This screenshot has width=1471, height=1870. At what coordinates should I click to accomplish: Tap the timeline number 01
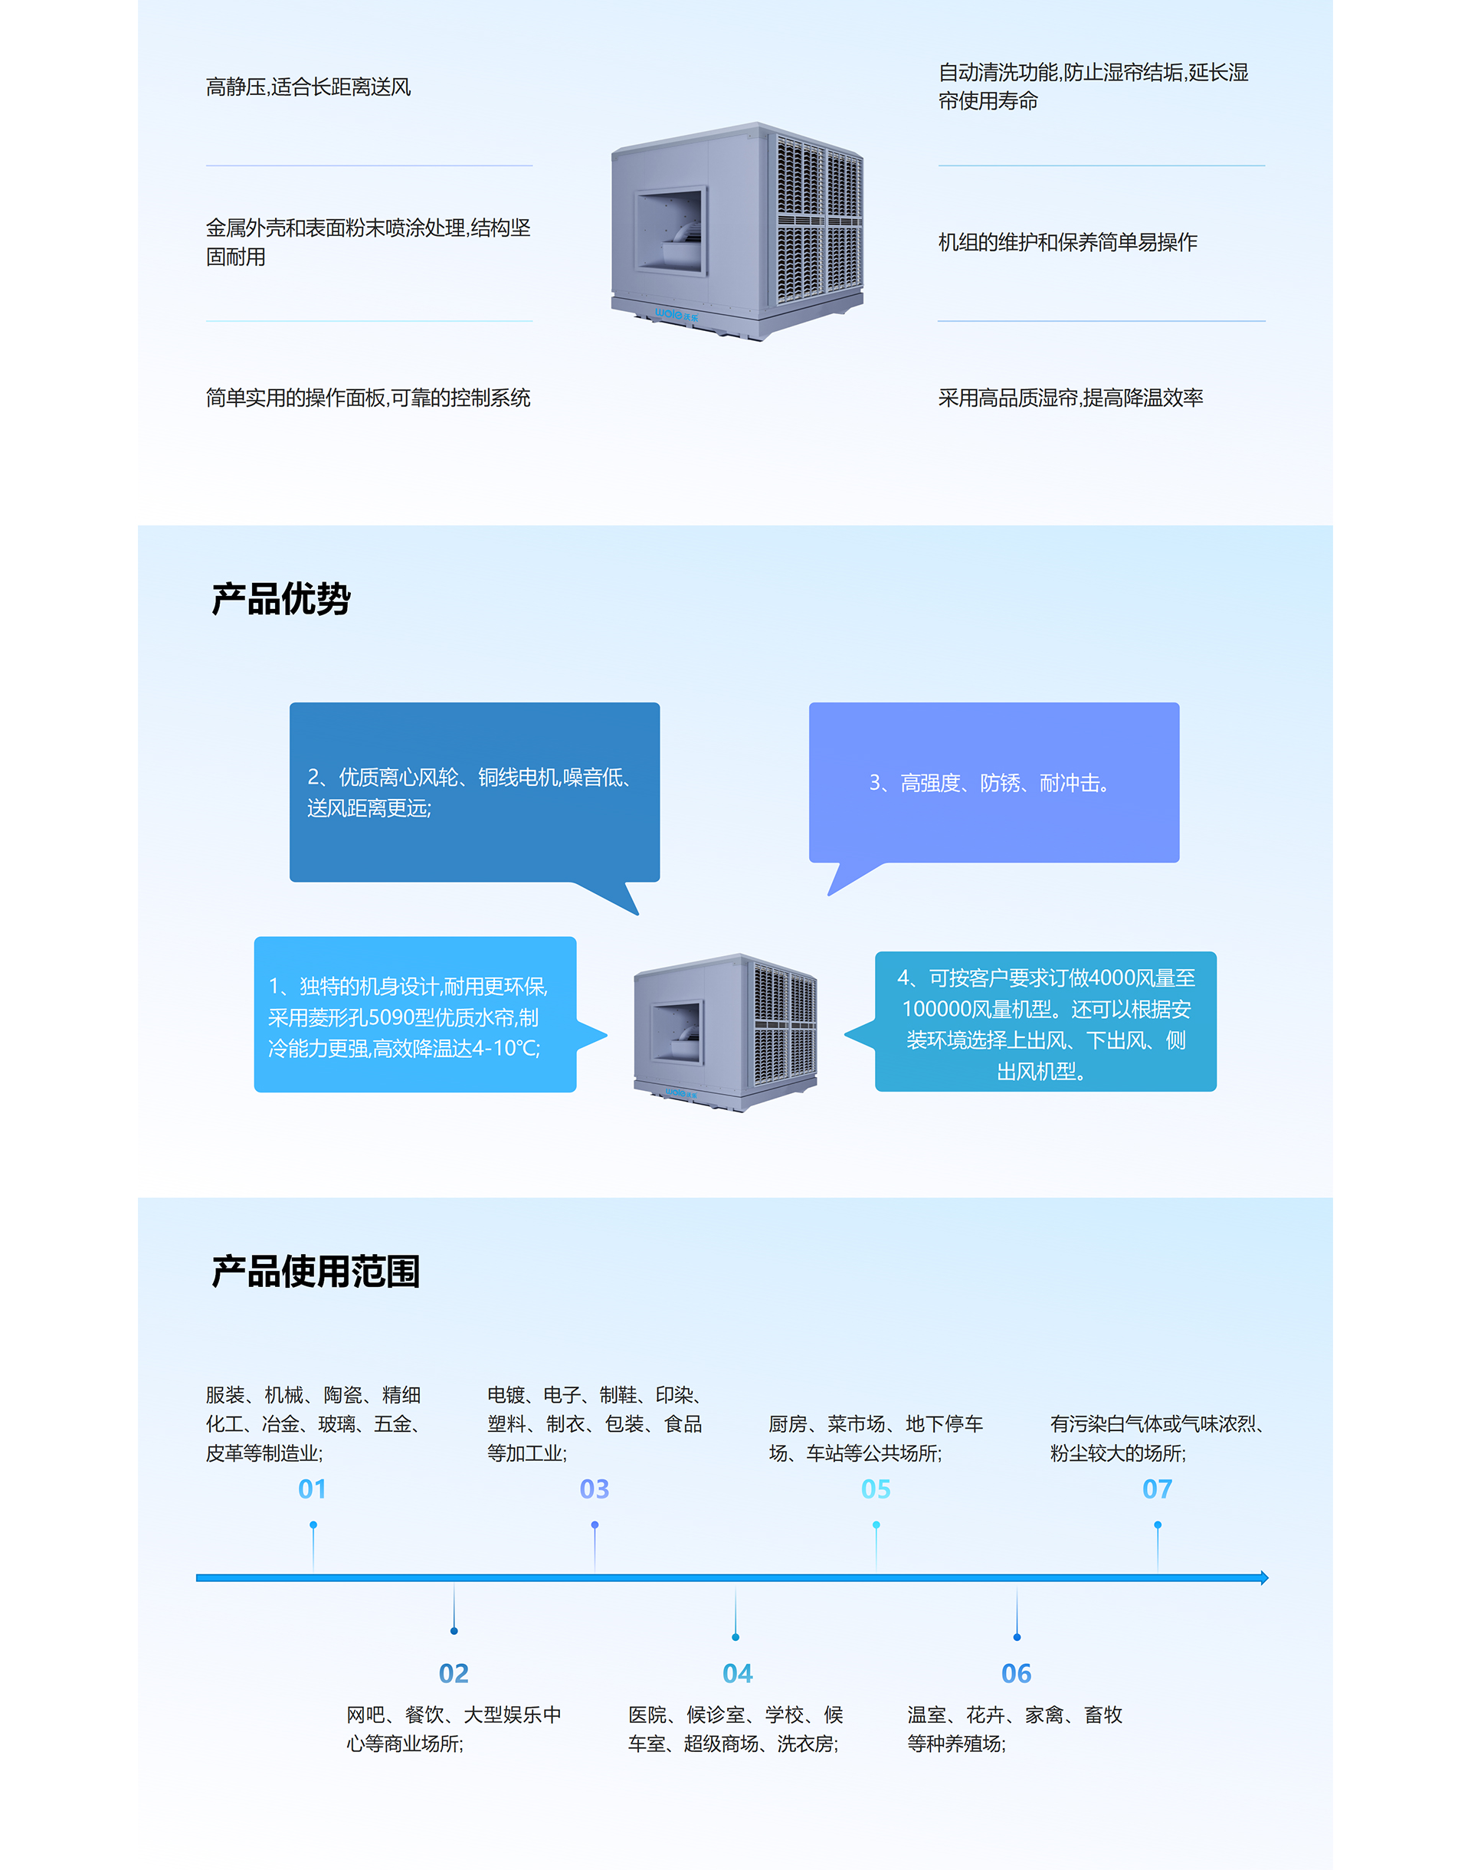coord(313,1489)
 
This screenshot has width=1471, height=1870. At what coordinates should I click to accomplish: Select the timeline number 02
coord(454,1674)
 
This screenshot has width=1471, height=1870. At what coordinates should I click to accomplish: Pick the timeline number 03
coord(595,1489)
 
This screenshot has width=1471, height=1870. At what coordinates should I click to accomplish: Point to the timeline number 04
coord(737,1674)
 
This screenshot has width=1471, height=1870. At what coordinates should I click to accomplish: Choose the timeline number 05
coord(876,1489)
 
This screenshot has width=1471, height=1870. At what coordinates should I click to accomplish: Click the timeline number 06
coord(1016,1674)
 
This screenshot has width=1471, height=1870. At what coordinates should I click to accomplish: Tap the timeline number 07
coord(1158,1489)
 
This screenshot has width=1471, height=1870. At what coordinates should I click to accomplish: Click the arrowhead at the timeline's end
coord(1264,1578)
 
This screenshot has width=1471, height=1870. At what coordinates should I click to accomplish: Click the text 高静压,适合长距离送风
coord(308,87)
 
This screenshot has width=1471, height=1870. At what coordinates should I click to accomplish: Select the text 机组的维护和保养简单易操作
coord(1068,243)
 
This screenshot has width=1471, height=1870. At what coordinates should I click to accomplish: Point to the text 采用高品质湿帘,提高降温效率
coord(1070,398)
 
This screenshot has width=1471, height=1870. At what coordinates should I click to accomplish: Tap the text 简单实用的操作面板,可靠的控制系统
coord(368,398)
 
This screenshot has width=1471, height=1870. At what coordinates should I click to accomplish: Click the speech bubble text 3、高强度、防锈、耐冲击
coord(988,784)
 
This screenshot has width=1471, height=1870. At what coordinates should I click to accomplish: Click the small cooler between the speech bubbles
coord(726,1032)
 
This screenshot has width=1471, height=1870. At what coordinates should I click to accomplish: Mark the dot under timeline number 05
coord(876,1524)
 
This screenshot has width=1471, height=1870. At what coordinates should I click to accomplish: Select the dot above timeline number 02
coord(454,1631)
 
